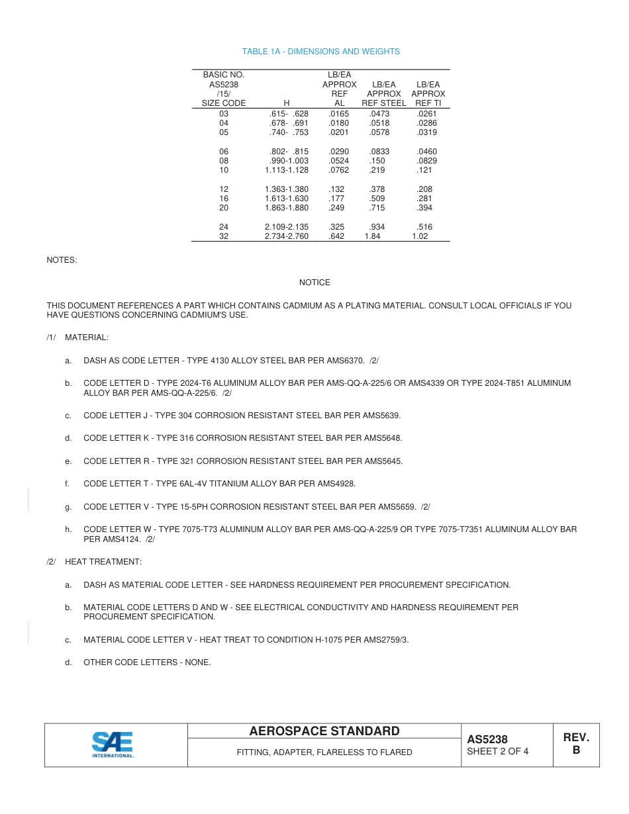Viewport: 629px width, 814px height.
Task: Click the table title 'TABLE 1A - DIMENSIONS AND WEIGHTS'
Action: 320,52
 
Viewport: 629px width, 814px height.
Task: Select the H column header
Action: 286,103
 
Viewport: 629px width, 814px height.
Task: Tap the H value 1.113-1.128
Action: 286,170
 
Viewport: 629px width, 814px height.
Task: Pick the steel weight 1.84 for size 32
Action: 372,236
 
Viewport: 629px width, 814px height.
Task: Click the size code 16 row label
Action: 224,199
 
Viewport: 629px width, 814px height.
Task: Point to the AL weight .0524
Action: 338,161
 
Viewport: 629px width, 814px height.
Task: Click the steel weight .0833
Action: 379,152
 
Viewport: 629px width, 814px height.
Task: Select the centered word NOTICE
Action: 314,283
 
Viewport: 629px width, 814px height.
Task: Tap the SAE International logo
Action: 113,745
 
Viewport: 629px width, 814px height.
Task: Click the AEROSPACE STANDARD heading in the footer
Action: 324,731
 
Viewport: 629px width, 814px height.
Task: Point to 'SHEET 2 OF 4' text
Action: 497,751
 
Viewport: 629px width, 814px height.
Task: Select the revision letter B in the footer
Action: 576,750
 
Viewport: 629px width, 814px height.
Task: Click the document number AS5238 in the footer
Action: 487,739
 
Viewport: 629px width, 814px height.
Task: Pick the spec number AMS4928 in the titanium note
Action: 339,484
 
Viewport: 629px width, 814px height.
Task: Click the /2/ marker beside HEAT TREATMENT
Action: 51,562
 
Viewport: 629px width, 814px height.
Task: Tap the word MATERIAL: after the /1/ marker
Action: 87,338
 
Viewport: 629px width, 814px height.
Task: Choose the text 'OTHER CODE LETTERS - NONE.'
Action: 147,662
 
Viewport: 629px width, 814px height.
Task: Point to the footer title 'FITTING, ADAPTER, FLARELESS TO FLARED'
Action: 324,752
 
